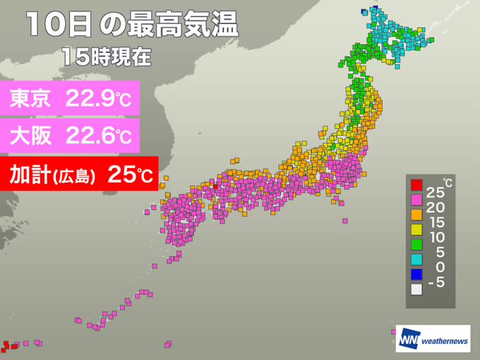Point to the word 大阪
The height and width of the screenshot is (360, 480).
point(32,134)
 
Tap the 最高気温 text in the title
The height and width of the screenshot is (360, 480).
point(182,26)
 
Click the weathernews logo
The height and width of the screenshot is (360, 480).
point(433,337)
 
